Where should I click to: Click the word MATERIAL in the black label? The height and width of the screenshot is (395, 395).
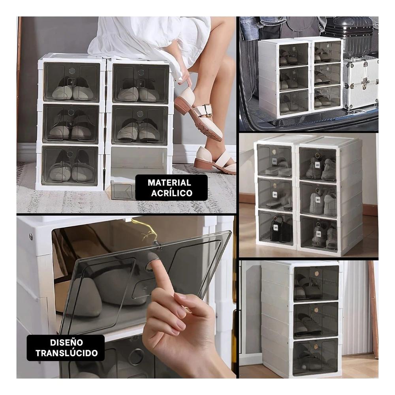point(169,183)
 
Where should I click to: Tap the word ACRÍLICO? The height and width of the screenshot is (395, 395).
point(171,193)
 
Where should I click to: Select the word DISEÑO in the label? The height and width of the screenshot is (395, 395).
point(66,342)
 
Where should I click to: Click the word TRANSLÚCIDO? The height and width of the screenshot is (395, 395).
point(66,353)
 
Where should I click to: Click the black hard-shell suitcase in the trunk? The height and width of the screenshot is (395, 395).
point(348,36)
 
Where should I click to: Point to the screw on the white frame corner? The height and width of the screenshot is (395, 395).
point(30,236)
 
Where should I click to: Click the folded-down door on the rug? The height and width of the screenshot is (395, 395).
point(120,190)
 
